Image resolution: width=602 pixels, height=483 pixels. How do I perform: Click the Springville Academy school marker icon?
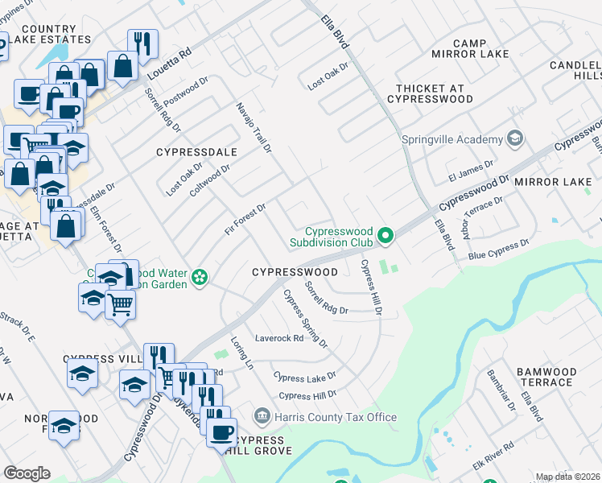pos(515,139)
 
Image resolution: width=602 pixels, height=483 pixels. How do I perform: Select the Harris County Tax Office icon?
pos(262,416)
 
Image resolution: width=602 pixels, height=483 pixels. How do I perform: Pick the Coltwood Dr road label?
pos(210,180)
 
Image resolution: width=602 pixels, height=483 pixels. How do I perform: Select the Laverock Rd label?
pos(278,338)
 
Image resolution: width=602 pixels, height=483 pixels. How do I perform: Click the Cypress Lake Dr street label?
pos(304,377)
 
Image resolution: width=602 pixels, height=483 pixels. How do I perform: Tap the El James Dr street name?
pos(471,170)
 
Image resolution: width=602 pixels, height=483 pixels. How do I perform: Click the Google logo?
pos(27,473)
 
